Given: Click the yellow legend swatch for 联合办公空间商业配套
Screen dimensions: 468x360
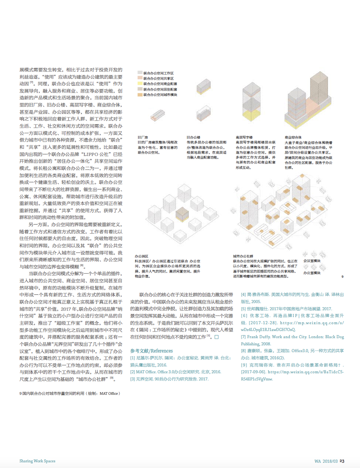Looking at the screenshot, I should (140, 84).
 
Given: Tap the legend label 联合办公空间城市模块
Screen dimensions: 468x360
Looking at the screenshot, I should (160, 95).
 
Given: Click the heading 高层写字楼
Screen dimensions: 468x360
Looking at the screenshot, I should (244, 137).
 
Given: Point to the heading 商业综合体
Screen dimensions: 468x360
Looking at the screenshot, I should (293, 137).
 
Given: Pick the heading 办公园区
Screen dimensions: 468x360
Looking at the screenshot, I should (141, 256).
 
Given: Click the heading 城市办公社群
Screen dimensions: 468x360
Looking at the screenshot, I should (243, 256).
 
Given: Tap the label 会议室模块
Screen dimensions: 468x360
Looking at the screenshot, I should (312, 261).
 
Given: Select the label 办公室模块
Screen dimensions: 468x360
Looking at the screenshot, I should (312, 273).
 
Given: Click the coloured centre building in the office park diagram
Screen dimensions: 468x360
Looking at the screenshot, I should (182, 214).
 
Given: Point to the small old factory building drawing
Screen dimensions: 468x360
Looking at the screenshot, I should (157, 115).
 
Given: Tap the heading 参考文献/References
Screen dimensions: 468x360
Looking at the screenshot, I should (151, 351).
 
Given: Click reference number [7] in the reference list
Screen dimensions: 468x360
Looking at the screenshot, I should (243, 337).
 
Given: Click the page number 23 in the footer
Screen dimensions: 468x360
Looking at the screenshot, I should (342, 461).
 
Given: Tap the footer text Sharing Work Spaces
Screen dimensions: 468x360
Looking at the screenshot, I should (37, 461).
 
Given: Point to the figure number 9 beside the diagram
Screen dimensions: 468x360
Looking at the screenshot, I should (342, 277).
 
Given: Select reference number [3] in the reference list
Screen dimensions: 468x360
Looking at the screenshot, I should (132, 379).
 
